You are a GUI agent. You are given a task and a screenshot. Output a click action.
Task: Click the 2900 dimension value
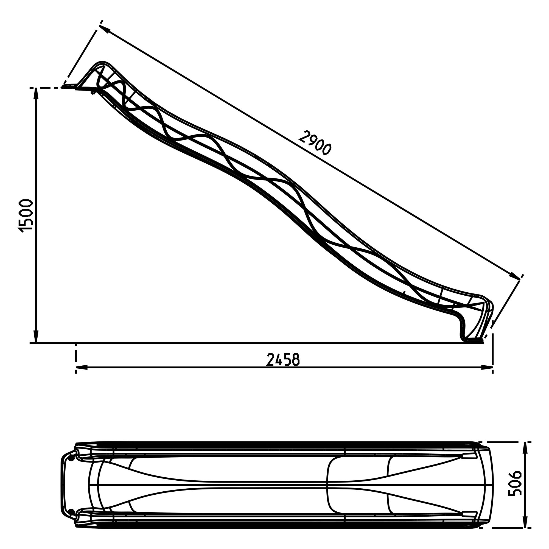pyautogui.click(x=315, y=143)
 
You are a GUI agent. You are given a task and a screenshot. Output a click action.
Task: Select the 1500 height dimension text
pyautogui.click(x=26, y=216)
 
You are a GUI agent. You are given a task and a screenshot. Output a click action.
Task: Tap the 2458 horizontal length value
pyautogui.click(x=283, y=360)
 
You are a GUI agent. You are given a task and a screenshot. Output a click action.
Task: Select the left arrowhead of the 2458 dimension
pyautogui.click(x=81, y=368)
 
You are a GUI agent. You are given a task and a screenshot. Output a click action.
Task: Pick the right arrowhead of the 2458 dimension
pyautogui.click(x=487, y=368)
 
